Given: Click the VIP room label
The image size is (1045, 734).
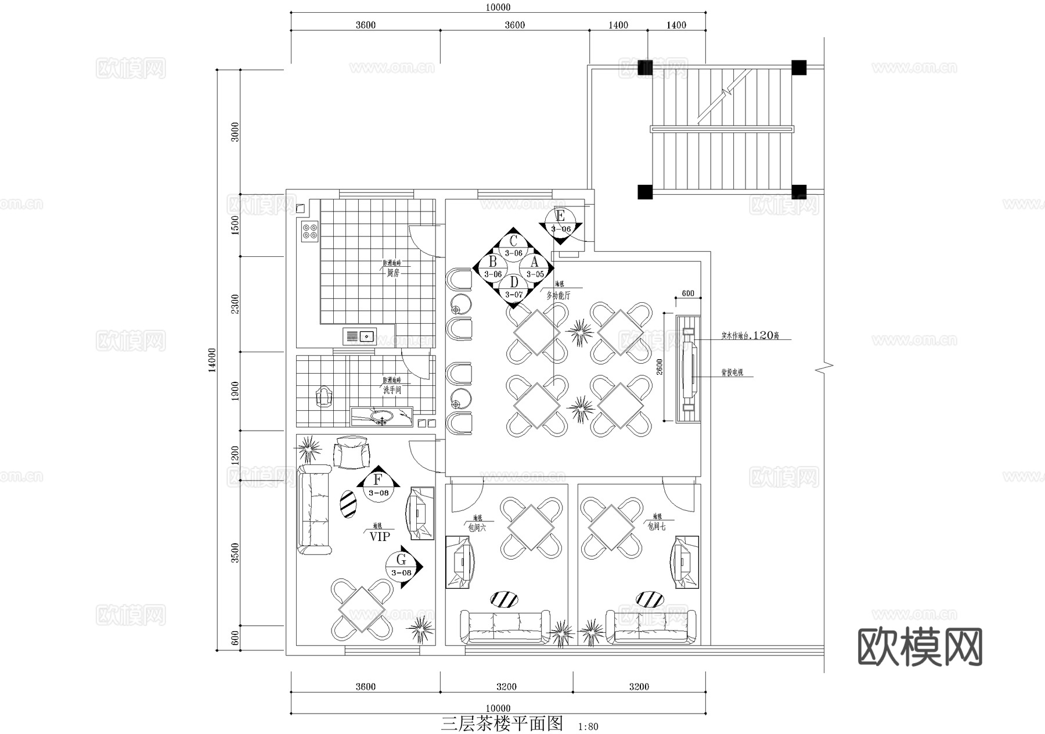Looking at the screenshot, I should [379, 536].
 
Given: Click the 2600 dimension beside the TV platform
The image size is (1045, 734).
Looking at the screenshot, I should [660, 368].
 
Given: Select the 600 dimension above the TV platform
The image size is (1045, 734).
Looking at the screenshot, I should [688, 293].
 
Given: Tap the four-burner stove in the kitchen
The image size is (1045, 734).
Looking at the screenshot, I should [309, 231].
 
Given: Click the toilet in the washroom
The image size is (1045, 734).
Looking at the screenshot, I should [323, 398].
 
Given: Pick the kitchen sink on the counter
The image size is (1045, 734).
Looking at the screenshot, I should [360, 336].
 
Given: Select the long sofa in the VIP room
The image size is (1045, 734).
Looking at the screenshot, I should [314, 509].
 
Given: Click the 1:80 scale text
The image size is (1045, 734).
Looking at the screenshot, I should [588, 726].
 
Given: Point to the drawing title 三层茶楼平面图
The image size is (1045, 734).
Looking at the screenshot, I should [502, 724].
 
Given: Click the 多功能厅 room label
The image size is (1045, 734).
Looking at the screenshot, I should [558, 295].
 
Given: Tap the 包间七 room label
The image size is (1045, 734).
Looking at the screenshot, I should [657, 526].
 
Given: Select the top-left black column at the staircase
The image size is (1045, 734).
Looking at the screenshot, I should [645, 68].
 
